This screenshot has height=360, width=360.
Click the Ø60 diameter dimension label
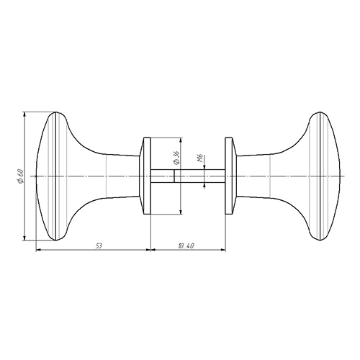20,176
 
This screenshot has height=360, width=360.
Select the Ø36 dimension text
176,158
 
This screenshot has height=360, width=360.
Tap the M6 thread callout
201,158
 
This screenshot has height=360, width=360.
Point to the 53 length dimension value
99,246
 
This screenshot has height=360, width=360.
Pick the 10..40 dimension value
186,246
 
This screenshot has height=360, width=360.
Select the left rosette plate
145,176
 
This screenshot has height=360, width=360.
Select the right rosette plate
231,176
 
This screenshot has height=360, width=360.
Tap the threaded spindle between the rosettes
188,176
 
